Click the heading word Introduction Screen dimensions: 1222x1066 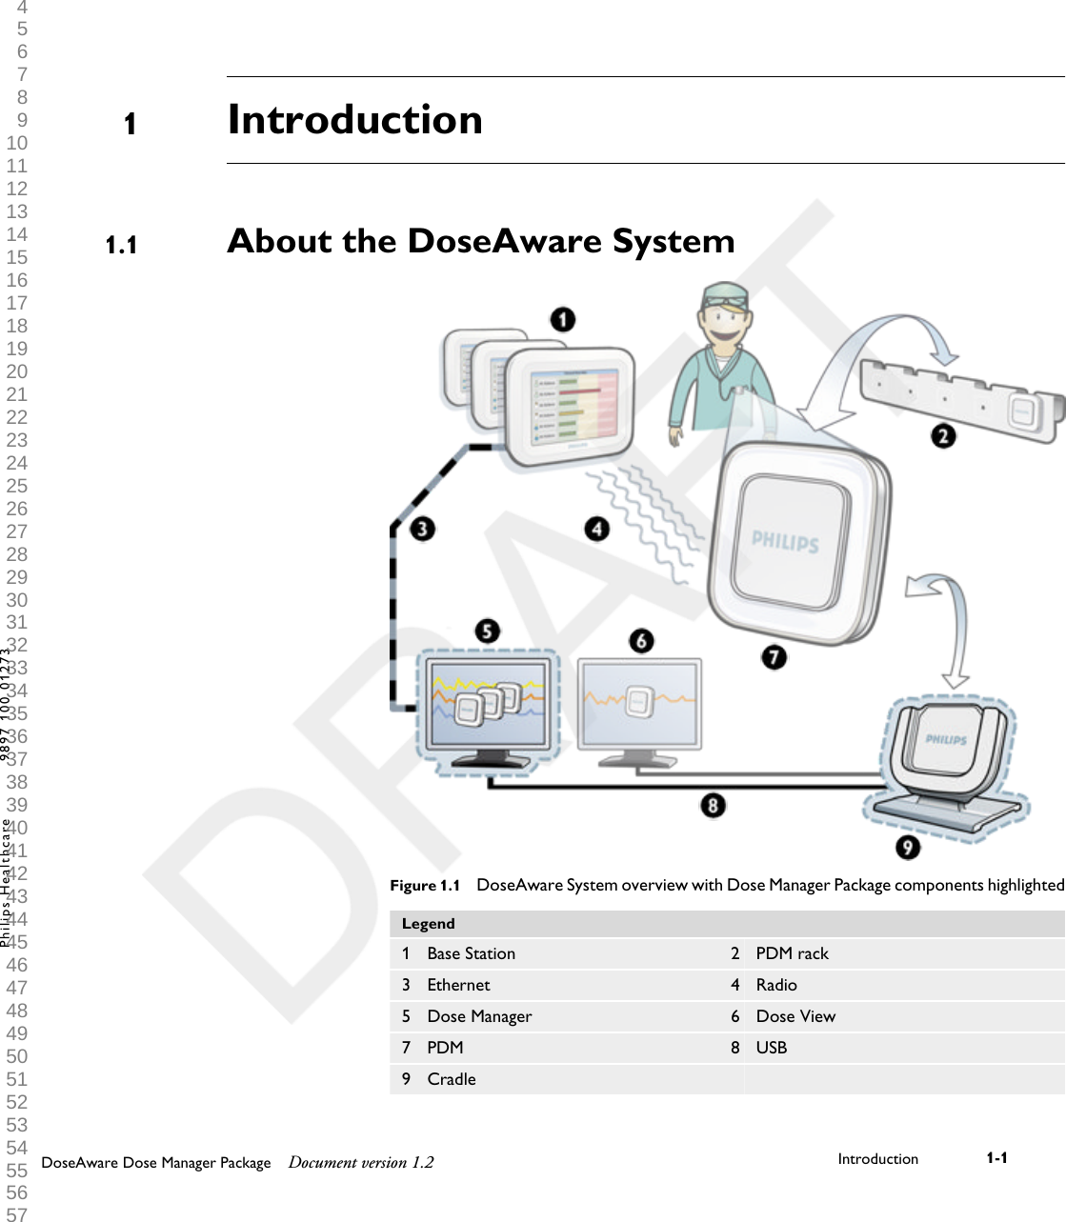tap(354, 120)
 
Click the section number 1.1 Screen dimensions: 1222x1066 tap(121, 246)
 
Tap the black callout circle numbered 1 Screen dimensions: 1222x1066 tap(563, 319)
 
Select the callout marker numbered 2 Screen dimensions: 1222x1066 tap(943, 436)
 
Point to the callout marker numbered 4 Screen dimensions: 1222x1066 tap(597, 529)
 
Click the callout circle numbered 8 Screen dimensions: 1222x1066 tap(713, 806)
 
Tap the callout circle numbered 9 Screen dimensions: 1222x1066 tap(907, 847)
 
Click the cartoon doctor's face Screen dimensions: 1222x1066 tap(725, 322)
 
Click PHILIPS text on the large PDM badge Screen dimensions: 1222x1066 tap(785, 542)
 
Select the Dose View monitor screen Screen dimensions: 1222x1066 tap(639, 705)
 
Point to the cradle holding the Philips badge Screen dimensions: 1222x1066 tap(948, 762)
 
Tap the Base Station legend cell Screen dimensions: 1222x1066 tap(471, 953)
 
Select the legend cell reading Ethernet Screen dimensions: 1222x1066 tap(458, 985)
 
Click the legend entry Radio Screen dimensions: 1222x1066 tap(776, 985)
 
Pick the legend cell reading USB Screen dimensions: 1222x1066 tap(772, 1048)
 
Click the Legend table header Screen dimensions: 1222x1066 tap(429, 924)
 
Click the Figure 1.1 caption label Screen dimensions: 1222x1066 tap(425, 886)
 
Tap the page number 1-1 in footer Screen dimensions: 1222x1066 tap(996, 1158)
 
